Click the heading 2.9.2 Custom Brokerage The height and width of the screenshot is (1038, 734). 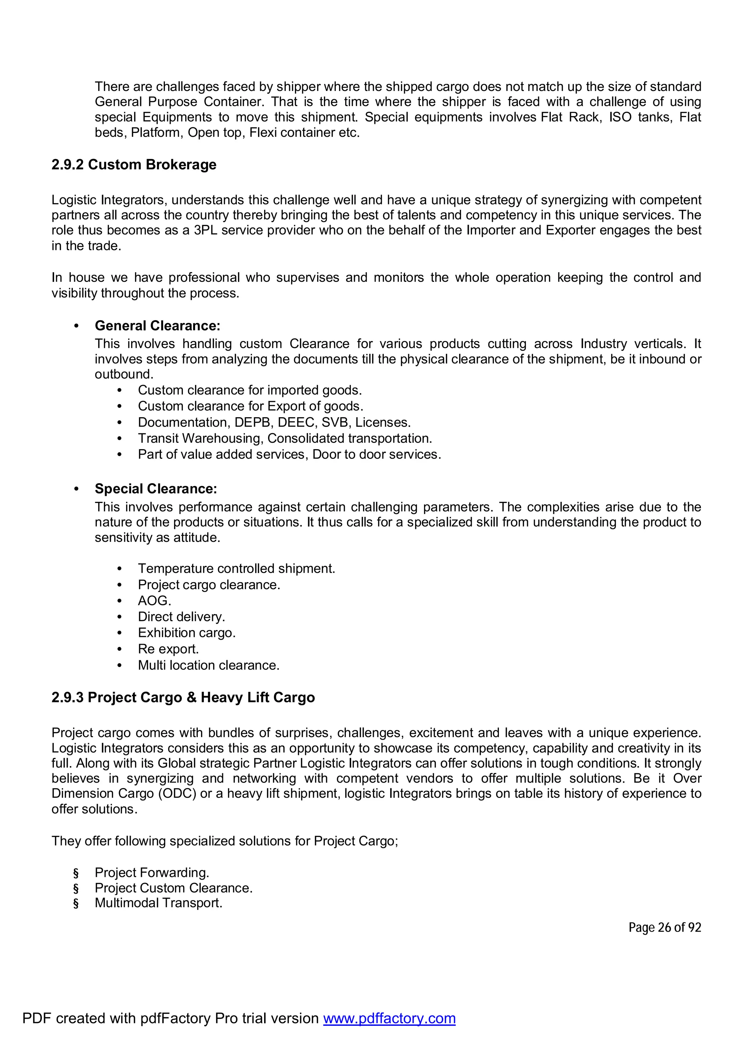pyautogui.click(x=134, y=164)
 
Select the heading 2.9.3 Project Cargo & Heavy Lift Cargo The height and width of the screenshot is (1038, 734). pyautogui.click(x=183, y=698)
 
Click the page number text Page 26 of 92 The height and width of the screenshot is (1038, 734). pyautogui.click(x=664, y=927)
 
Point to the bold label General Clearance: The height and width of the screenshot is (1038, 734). pyautogui.click(x=157, y=326)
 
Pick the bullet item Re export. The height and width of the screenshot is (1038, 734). pyautogui.click(x=168, y=649)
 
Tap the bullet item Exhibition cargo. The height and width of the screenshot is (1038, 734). pyautogui.click(x=187, y=633)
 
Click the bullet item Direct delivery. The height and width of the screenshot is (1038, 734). pyautogui.click(x=181, y=617)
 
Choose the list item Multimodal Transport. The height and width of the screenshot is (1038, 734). pyautogui.click(x=158, y=903)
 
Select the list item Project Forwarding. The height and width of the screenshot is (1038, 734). pyautogui.click(x=152, y=873)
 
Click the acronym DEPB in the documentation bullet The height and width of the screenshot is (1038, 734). pyautogui.click(x=252, y=422)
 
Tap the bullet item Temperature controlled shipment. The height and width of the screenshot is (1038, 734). pyautogui.click(x=237, y=569)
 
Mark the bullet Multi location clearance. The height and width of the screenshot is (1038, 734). pyautogui.click(x=209, y=665)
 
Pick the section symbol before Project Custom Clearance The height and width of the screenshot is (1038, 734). pyautogui.click(x=76, y=888)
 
